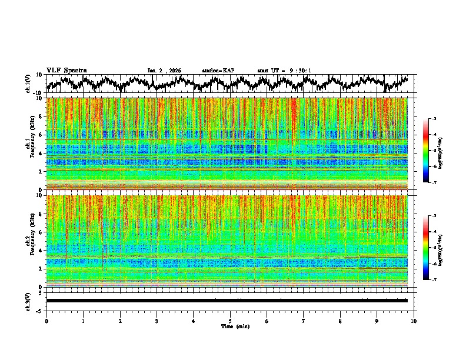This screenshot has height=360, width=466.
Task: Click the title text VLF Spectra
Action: click(66, 70)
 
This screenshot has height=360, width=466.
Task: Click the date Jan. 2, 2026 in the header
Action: click(164, 71)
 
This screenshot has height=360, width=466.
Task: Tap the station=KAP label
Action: click(218, 71)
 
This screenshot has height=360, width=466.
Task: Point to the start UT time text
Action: click(284, 71)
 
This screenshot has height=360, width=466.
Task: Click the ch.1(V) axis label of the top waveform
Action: click(29, 84)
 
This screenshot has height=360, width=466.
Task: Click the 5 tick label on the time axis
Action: click(230, 321)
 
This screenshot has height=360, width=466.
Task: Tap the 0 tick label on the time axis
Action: click(46, 321)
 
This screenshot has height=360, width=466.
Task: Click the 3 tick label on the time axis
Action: click(157, 321)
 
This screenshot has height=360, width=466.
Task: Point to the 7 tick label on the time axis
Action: click(304, 321)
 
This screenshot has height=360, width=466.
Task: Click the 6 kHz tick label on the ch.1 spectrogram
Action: click(41, 135)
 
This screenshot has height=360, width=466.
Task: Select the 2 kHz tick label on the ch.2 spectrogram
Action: click(41, 269)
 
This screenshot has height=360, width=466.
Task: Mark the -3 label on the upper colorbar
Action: click(434, 119)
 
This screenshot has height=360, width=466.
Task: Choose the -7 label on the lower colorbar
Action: click(434, 280)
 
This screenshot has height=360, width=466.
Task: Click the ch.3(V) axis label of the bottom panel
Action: click(29, 301)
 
